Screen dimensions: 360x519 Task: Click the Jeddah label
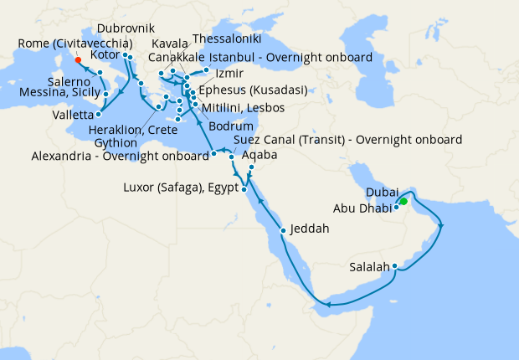(x=311, y=229)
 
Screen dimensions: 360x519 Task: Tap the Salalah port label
(x=369, y=268)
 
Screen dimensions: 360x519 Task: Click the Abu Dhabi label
(x=362, y=208)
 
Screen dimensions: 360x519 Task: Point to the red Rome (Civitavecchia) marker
(x=77, y=59)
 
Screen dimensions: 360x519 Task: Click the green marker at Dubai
(x=403, y=201)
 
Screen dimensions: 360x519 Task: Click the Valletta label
(x=74, y=114)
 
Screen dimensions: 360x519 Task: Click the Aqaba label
(x=257, y=155)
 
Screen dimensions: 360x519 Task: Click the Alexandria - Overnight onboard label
(x=120, y=156)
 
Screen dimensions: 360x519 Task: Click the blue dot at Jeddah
(x=284, y=229)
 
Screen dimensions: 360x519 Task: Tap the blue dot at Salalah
(x=394, y=267)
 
